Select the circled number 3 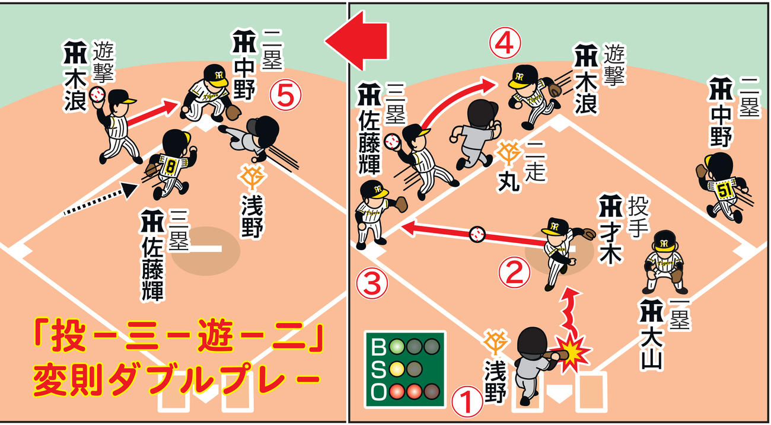tap(372, 283)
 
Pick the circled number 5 tap(285, 95)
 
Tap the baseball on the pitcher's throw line tap(477, 234)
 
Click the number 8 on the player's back tap(170, 167)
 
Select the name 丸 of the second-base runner tap(509, 181)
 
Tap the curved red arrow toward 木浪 tap(451, 97)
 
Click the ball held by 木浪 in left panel tap(97, 94)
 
